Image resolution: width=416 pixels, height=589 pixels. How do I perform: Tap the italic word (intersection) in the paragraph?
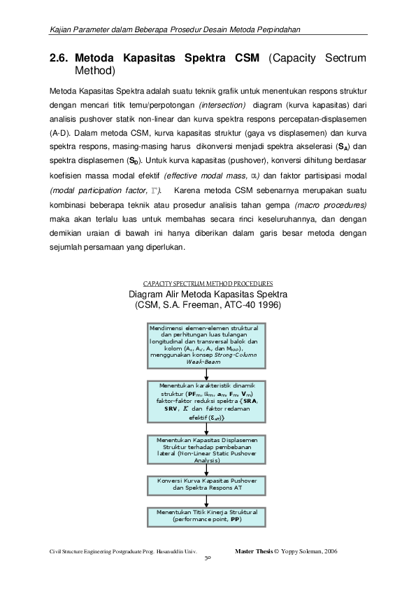coord(222,105)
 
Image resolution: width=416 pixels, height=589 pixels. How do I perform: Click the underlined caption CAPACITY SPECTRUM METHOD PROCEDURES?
coord(208,283)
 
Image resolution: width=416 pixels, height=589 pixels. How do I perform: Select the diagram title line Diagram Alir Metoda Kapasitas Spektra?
coord(207,294)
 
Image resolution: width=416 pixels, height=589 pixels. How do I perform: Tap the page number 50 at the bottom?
coord(208,560)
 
